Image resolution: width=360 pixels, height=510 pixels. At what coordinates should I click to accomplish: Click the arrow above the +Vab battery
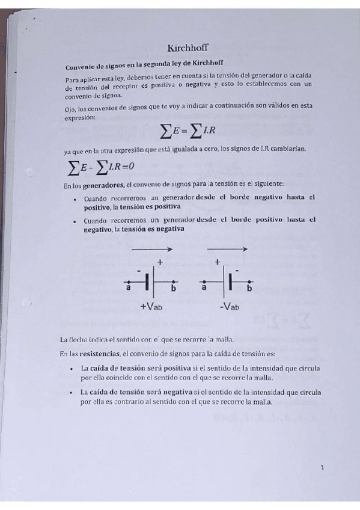click(x=152, y=248)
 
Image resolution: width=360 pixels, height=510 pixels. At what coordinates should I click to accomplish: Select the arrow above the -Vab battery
click(x=227, y=248)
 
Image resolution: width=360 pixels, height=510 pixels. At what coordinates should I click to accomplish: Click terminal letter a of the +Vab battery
click(x=129, y=288)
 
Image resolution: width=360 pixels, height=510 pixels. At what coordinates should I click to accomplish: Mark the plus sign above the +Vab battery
click(x=160, y=262)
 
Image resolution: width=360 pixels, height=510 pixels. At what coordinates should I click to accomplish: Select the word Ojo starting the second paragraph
click(x=70, y=109)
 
